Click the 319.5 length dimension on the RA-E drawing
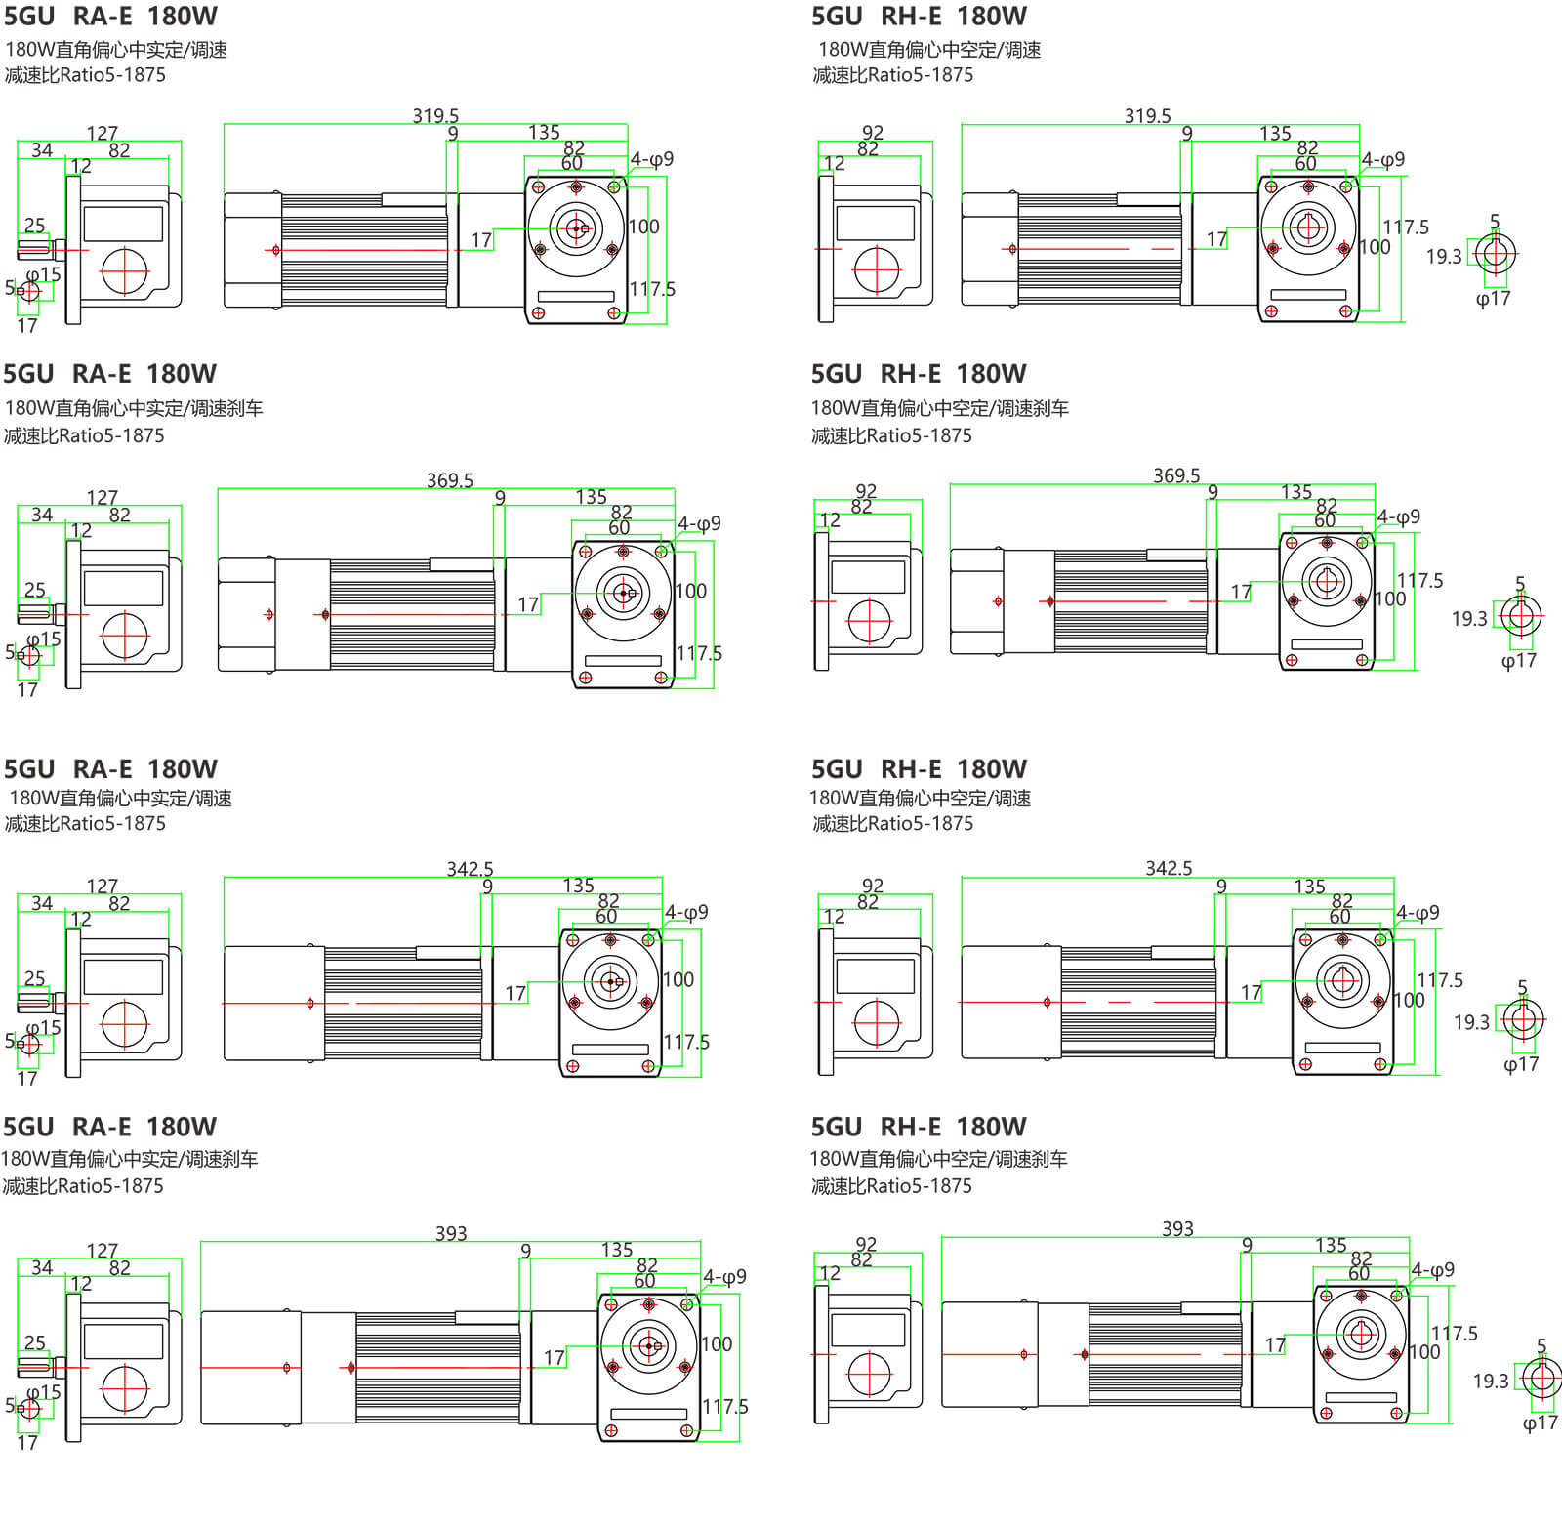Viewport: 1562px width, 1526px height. tap(435, 116)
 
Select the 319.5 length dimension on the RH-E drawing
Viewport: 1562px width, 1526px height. tap(1147, 116)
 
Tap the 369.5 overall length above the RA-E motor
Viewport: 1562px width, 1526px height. tap(449, 480)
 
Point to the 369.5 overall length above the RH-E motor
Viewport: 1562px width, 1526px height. tap(1176, 475)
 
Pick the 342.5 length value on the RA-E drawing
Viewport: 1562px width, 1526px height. tap(470, 869)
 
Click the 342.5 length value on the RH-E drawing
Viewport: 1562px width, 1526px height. tap(1169, 868)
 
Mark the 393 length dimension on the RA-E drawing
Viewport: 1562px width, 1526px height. tap(451, 1233)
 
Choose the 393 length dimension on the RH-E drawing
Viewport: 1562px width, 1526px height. tap(1177, 1228)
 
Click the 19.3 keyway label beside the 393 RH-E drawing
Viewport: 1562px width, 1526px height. tap(1491, 1381)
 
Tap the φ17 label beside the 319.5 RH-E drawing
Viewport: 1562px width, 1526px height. tap(1493, 298)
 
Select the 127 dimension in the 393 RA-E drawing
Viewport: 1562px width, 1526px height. tap(102, 1251)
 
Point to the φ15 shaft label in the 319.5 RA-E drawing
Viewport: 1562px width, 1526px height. tap(44, 274)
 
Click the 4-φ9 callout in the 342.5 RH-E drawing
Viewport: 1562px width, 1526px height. tap(1418, 913)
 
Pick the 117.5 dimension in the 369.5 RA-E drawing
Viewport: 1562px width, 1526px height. tap(699, 653)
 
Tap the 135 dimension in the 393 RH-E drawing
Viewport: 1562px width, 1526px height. tap(1331, 1245)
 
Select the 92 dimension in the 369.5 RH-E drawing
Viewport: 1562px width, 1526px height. tap(866, 490)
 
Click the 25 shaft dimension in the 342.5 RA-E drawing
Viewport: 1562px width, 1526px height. tap(34, 977)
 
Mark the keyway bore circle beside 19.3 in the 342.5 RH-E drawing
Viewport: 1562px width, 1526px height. tap(1521, 1020)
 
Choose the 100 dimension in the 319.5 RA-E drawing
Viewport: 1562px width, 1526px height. tap(643, 227)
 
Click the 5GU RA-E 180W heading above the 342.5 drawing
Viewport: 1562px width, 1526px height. tap(110, 768)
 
